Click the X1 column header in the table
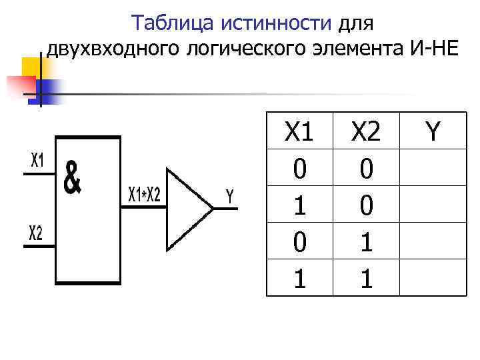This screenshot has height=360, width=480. click(x=299, y=132)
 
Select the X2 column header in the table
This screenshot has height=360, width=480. click(x=366, y=132)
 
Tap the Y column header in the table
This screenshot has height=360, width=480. click(x=433, y=132)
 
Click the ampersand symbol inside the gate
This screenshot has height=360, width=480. click(x=72, y=178)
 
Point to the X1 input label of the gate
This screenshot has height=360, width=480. click(x=37, y=161)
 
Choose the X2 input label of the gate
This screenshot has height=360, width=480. click(x=35, y=233)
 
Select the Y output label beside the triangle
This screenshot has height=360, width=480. click(x=229, y=197)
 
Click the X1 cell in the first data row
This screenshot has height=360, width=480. click(x=299, y=169)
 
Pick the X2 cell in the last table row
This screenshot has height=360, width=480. click(x=366, y=277)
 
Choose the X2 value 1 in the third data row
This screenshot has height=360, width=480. click(x=366, y=241)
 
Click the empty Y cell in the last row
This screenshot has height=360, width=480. click(x=433, y=277)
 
